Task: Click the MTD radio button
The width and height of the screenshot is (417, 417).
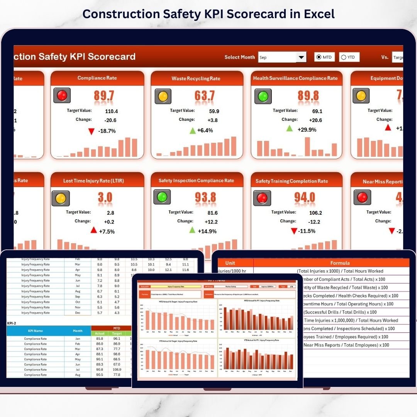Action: pyautogui.click(x=319, y=57)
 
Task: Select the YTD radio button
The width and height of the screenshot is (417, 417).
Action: pyautogui.click(x=344, y=58)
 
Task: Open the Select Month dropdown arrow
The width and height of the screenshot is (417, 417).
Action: pyautogui.click(x=301, y=57)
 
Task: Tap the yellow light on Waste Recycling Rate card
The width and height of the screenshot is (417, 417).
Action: pyautogui.click(x=163, y=96)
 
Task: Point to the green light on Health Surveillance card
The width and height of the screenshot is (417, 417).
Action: pyautogui.click(x=263, y=96)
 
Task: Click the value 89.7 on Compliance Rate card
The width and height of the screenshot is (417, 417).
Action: pyautogui.click(x=103, y=96)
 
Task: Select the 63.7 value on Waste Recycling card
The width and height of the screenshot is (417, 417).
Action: pyautogui.click(x=204, y=96)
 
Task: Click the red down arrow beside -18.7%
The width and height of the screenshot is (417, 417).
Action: pyautogui.click(x=91, y=131)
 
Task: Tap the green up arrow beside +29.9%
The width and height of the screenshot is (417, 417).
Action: pyautogui.click(x=289, y=129)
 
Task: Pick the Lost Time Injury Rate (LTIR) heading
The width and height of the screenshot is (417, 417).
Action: pyautogui.click(x=93, y=181)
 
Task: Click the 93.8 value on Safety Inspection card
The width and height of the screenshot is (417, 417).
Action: pyautogui.click(x=205, y=197)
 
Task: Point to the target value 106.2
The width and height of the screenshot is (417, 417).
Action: pyautogui.click(x=315, y=213)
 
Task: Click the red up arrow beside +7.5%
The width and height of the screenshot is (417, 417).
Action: pyautogui.click(x=93, y=231)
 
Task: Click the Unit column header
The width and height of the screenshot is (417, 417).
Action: pyautogui.click(x=230, y=263)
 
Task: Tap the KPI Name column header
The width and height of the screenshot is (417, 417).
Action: pyautogui.click(x=35, y=331)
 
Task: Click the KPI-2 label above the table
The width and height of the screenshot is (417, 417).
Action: pyautogui.click(x=12, y=323)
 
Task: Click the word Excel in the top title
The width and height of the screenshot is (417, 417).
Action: pyautogui.click(x=319, y=14)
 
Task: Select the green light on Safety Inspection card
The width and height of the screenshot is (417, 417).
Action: pyautogui.click(x=162, y=197)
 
